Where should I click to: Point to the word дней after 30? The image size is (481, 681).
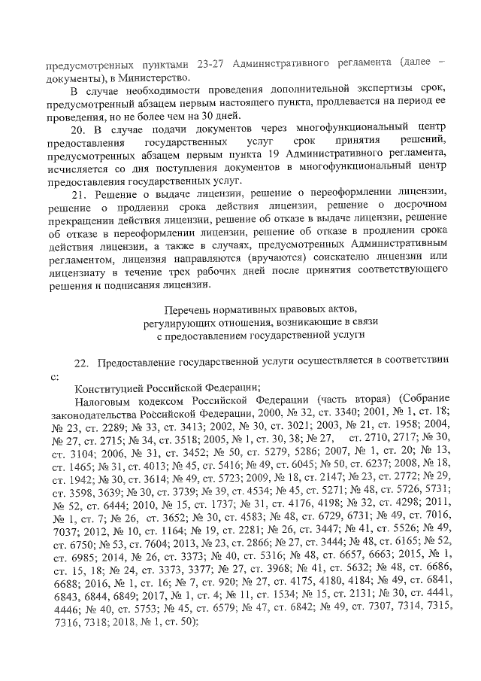(x=226, y=116)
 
